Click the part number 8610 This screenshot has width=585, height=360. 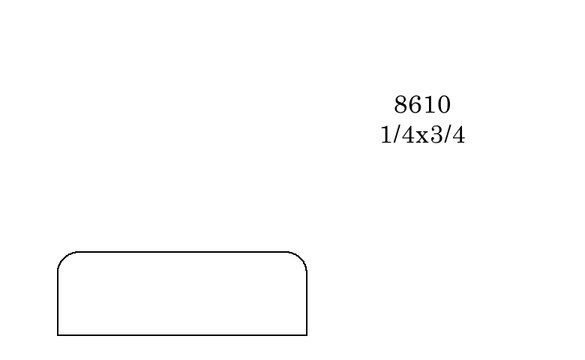(422, 104)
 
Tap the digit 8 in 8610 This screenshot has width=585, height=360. (400, 104)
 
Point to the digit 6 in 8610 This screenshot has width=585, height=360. (415, 104)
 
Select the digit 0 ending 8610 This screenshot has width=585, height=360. (444, 104)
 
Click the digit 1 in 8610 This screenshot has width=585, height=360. (430, 104)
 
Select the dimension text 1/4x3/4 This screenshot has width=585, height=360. (423, 135)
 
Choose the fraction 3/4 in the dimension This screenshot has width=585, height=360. (448, 135)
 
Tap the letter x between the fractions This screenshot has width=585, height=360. (422, 137)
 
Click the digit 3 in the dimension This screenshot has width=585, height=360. (436, 135)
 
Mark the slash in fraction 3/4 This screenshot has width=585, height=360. (447, 135)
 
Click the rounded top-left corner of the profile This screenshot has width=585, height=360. (63, 257)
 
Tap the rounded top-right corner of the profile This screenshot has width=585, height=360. (301, 257)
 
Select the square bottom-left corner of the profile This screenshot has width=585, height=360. (58, 335)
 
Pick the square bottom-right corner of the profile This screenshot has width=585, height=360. (307, 335)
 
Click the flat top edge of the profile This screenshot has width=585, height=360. (182, 252)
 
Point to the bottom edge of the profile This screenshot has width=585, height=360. (182, 335)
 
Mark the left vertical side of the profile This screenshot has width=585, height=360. (58, 302)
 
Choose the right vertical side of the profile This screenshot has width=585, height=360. (307, 302)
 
